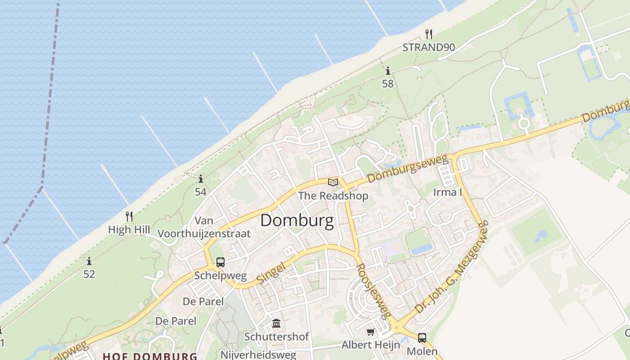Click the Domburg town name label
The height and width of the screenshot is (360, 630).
coord(297,221)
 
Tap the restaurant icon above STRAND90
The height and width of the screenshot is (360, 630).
coord(429,34)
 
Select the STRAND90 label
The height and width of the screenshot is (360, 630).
coord(428,47)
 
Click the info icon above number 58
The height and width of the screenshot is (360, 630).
coord(388,71)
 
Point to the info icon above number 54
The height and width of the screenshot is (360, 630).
coord(201,179)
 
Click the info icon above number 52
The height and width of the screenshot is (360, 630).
coord(89,261)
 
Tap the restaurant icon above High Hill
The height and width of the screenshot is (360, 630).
coord(129,216)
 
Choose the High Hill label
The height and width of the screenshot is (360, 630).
coord(129,229)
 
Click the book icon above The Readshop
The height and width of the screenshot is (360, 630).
coord(333,182)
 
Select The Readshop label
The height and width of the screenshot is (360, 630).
coord(333,196)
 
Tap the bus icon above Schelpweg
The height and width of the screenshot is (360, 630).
coord(220,262)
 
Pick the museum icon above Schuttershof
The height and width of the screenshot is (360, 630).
coord(276,324)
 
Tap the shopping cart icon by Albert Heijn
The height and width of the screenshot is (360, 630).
coord(370,332)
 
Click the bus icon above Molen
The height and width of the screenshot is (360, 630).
coord(422,337)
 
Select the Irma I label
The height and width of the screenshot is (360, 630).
coord(448,192)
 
